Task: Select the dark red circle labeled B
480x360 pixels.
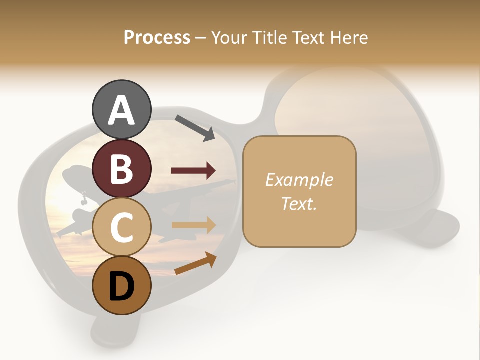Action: click(121, 168)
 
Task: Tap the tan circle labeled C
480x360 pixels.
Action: click(121, 227)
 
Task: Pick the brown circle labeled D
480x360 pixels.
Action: click(121, 285)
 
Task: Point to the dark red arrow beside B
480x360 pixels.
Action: click(193, 171)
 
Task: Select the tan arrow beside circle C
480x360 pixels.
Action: click(193, 225)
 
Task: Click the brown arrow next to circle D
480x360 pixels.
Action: click(195, 263)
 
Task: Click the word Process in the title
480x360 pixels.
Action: click(157, 37)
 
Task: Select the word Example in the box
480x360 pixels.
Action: click(299, 180)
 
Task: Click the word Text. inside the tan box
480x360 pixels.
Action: click(299, 203)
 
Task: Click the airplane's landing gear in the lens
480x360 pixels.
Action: click(83, 200)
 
